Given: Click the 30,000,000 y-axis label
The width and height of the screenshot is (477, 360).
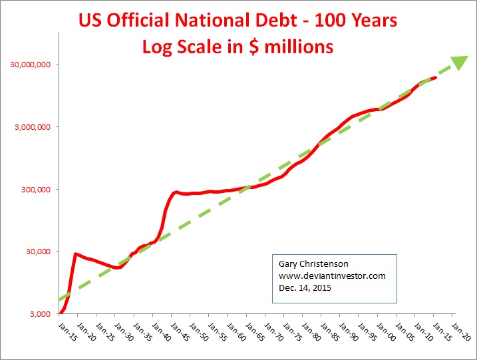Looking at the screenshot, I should pos(31,65).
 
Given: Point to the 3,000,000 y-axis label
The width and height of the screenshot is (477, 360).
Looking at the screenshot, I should pos(33,127).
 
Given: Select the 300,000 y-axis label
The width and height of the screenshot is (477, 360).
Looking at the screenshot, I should pos(35,190).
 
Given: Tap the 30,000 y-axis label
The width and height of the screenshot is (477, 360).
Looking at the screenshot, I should pos(37,252).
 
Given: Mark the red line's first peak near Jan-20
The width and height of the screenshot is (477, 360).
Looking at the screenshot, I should pos(76,254).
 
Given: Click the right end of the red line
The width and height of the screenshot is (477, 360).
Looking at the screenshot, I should pos(435,78).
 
